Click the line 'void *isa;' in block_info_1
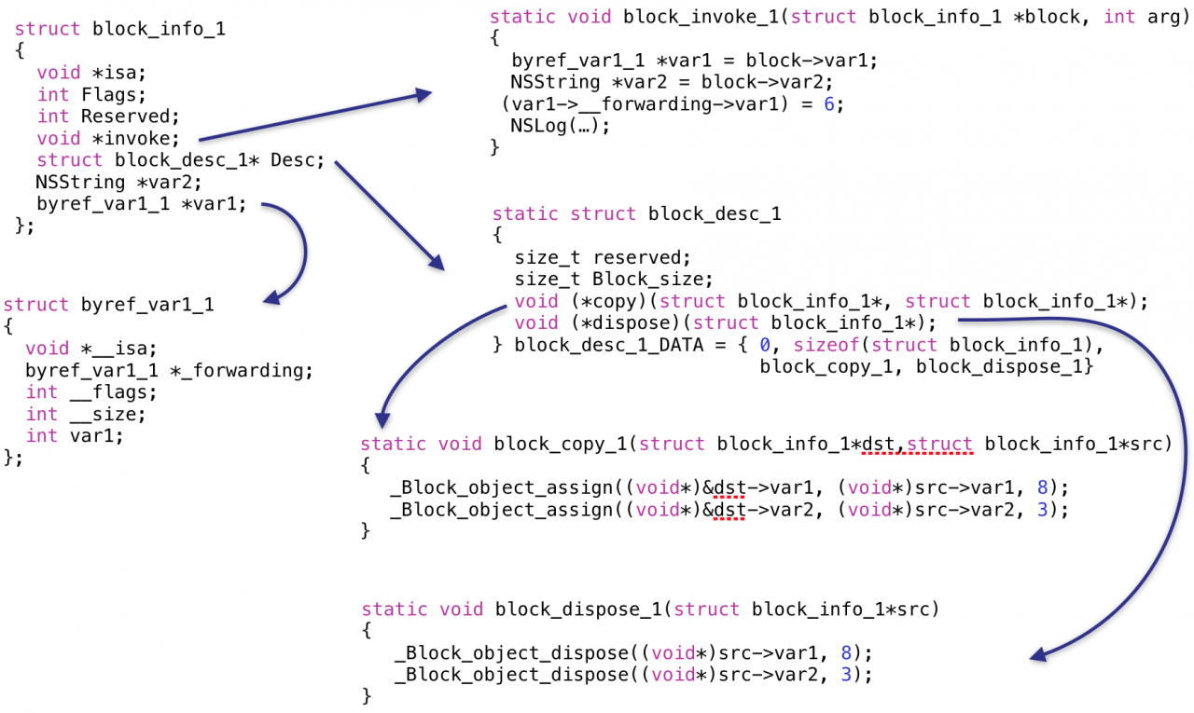(91, 73)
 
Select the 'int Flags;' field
(90, 94)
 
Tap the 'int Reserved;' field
(107, 117)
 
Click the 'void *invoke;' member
(107, 138)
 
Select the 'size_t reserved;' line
(603, 257)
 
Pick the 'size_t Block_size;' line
(614, 279)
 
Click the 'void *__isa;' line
(86, 349)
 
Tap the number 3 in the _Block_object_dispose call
(845, 675)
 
